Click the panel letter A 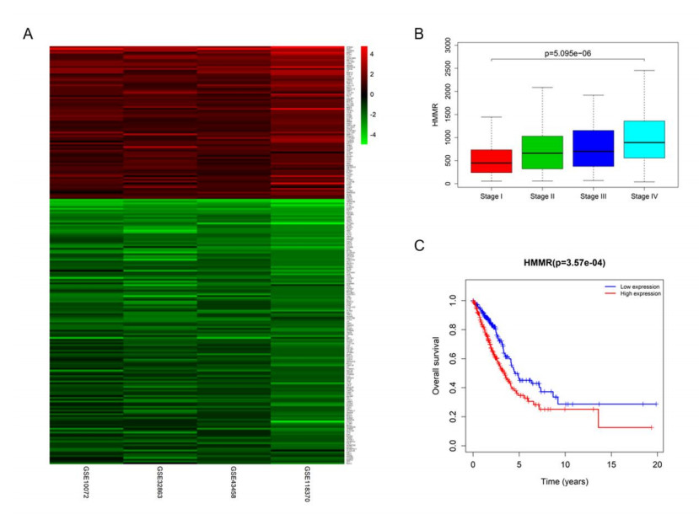pos(29,35)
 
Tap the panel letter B pos(419,35)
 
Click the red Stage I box pos(491,161)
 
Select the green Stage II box pos(542,153)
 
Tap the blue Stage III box pos(593,148)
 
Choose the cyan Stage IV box pos(644,139)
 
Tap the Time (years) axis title pos(564,481)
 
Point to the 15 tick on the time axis pos(610,464)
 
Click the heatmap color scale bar pos(363,95)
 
